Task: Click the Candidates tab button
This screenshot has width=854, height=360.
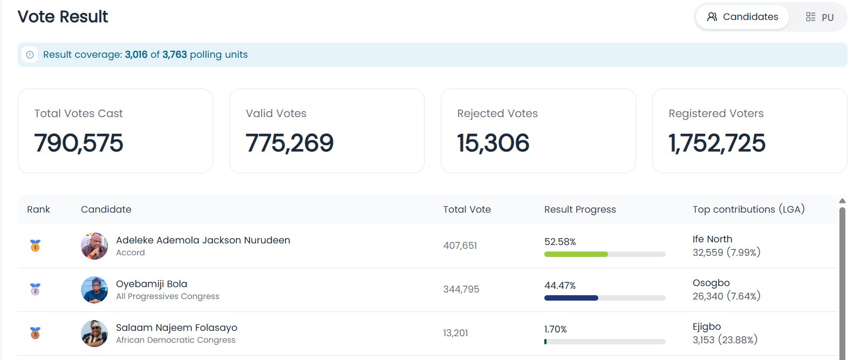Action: pos(742,17)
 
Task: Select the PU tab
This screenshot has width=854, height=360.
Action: pos(819,17)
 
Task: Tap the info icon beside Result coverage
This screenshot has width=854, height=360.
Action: pos(30,55)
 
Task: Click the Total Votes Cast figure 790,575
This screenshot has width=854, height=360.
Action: pos(79,143)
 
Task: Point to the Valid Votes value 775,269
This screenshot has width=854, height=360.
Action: pos(289,143)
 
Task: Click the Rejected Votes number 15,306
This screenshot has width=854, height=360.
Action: pos(493,143)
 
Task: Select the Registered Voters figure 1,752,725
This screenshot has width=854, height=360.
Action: pos(717,143)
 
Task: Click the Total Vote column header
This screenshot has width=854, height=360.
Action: pos(467,209)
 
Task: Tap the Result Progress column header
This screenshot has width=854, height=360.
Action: pos(580,209)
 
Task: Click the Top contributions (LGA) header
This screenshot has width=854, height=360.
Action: pos(748,209)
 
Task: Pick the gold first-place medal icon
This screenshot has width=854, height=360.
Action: pos(35,245)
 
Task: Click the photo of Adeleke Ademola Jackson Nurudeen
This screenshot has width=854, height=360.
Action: pos(94,246)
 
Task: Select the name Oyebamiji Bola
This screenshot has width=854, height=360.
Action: pos(152,284)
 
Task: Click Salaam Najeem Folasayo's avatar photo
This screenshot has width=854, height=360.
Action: pos(94,334)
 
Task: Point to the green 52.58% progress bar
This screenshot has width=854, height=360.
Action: pos(576,254)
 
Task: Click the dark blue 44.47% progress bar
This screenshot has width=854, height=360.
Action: pos(571,298)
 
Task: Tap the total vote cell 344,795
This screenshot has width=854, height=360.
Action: pos(461,289)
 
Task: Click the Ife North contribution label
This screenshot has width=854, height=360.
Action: pos(712,239)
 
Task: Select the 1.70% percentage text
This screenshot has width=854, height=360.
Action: pos(555,329)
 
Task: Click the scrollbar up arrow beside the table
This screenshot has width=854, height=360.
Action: pos(842,201)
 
